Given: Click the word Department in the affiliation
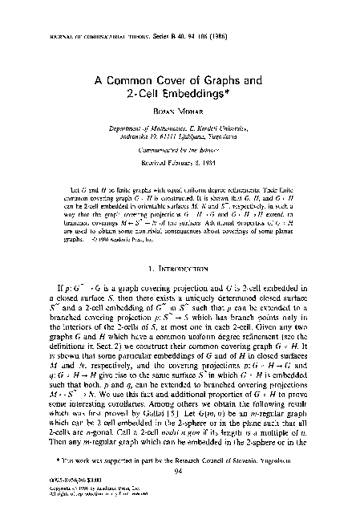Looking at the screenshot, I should pyautogui.click(x=132, y=128).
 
